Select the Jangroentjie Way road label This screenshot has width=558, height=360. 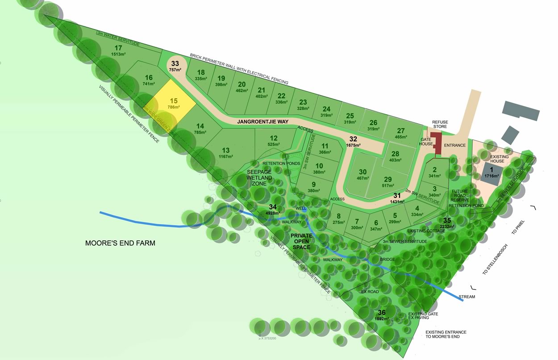[x=263, y=121]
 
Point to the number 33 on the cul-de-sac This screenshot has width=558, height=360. [x=175, y=63]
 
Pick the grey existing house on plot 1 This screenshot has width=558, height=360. [x=491, y=172]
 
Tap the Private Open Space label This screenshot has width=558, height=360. [x=301, y=241]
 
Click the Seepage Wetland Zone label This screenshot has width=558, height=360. [x=259, y=177]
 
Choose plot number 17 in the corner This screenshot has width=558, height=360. [x=118, y=48]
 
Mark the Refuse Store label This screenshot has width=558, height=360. [x=440, y=124]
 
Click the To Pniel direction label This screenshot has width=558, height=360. [x=516, y=229]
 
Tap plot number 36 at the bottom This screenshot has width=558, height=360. [x=382, y=313]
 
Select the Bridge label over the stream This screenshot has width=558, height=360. [x=387, y=259]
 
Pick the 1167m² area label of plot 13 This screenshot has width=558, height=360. [x=226, y=156]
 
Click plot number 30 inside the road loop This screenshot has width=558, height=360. [x=362, y=172]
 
